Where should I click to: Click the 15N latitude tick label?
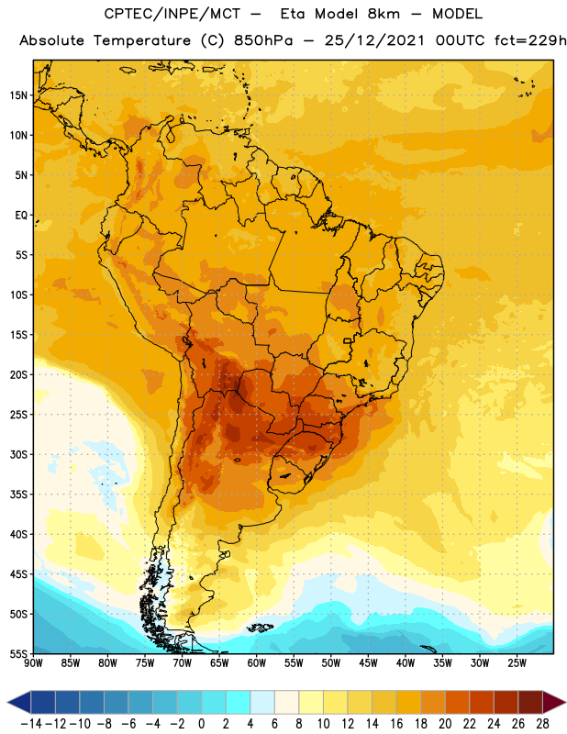[18, 95]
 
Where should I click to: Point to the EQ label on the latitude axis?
[21, 216]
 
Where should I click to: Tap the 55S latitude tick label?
[18, 653]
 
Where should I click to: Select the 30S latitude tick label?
[18, 454]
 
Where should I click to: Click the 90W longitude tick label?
[33, 662]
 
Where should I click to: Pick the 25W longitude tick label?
[517, 662]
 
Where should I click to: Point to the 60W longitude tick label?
[257, 662]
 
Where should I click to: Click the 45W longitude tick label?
[369, 662]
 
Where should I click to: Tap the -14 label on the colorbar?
[31, 724]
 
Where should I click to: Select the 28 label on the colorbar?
[542, 724]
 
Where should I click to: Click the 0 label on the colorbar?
[202, 724]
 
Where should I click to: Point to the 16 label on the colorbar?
[396, 724]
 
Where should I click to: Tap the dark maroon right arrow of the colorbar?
[553, 702]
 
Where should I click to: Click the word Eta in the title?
[293, 14]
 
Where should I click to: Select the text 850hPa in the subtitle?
[263, 40]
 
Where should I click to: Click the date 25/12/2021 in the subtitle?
[374, 40]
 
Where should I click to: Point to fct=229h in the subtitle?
[530, 40]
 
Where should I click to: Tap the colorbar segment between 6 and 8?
[286, 702]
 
